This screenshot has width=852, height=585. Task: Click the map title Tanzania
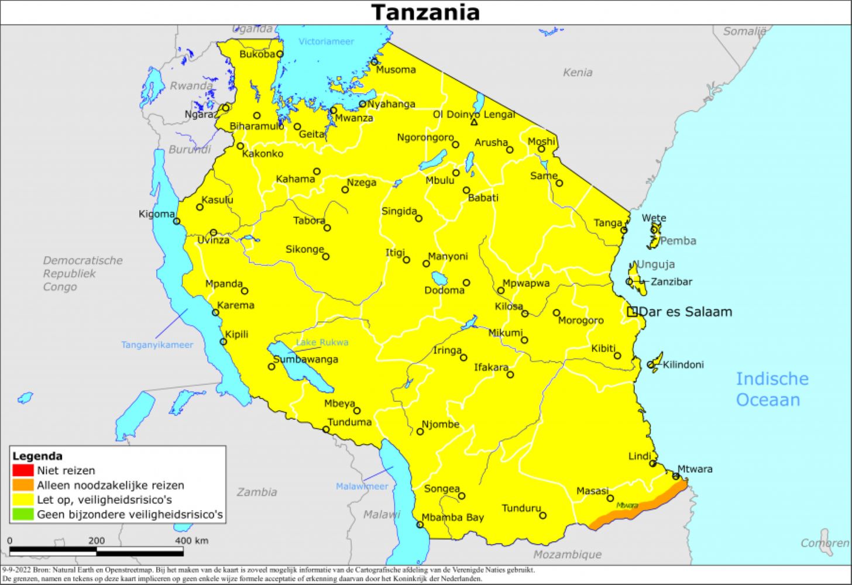tap(425, 12)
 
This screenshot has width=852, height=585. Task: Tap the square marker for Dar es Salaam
tap(632, 312)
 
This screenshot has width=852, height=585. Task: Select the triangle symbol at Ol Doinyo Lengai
tap(474, 122)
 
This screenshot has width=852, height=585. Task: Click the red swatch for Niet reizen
tap(23, 470)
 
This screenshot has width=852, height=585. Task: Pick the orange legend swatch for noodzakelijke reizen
tap(23, 485)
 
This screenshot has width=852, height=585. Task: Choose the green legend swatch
tap(23, 515)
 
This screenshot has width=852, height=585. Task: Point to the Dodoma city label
tap(444, 291)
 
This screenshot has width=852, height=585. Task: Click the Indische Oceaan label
tap(771, 390)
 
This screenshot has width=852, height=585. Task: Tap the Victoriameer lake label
tap(326, 42)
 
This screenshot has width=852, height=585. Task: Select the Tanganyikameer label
tap(157, 345)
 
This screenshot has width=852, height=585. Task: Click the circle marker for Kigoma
tap(177, 221)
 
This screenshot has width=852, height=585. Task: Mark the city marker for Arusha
tap(510, 150)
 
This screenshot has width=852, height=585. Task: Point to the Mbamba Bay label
tap(453, 518)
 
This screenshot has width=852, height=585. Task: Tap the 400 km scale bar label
tap(191, 541)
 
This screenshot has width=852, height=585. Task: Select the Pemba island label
tap(678, 241)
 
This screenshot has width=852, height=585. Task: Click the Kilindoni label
tap(683, 365)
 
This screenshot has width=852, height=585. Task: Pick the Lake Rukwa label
tap(322, 342)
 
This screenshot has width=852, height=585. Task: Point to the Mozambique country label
tap(567, 555)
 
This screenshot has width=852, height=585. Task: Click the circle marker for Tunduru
tap(542, 515)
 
